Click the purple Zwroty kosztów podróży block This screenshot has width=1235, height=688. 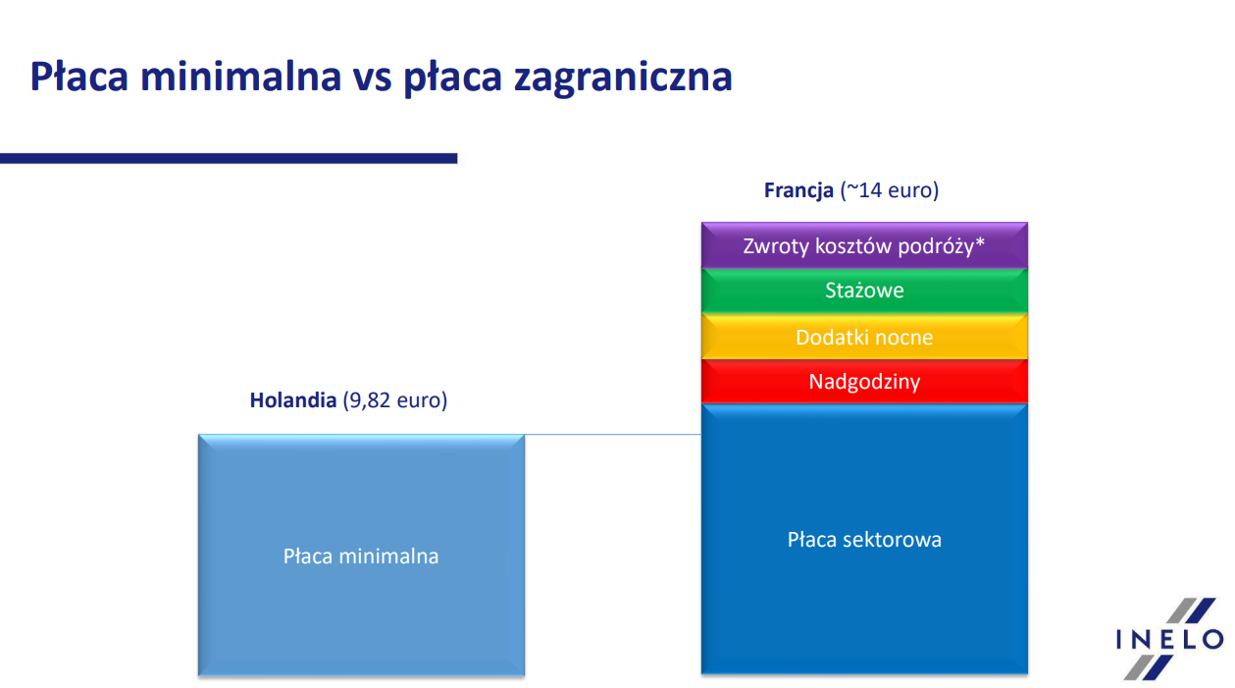(864, 245)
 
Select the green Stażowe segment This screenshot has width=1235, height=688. (864, 291)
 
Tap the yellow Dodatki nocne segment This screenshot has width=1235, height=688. (864, 337)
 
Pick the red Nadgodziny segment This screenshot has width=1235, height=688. (864, 381)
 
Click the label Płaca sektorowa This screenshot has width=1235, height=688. (864, 540)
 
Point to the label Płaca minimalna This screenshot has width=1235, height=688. (361, 556)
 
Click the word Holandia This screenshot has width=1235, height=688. (292, 400)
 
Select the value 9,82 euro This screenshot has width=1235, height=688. (394, 400)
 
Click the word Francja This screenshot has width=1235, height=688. (798, 191)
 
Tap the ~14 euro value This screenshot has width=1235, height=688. (890, 190)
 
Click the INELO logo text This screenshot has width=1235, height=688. (1169, 640)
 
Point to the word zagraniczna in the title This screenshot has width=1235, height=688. (623, 78)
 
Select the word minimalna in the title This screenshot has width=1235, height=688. (241, 76)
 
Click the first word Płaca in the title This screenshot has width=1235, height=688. (78, 76)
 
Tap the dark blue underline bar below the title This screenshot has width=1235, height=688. (229, 158)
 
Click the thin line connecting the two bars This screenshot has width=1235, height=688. (612, 435)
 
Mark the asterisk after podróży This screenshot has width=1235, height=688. (980, 241)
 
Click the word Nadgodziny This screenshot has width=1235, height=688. (864, 382)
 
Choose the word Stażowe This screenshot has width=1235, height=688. (864, 291)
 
